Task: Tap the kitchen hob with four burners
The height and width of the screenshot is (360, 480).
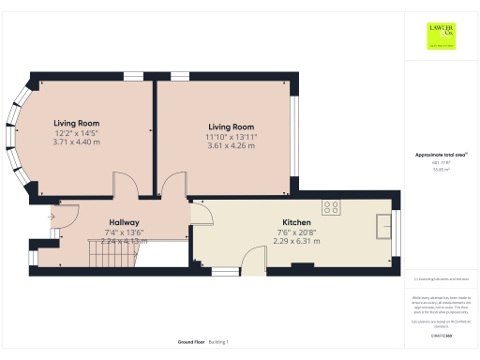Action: (x=332, y=207)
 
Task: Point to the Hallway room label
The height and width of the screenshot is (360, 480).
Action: (x=124, y=223)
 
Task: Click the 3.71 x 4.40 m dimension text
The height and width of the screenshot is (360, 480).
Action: (x=76, y=142)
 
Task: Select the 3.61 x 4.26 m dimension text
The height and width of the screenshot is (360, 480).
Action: (x=231, y=145)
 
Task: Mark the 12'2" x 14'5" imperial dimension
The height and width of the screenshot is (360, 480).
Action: (x=76, y=132)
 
